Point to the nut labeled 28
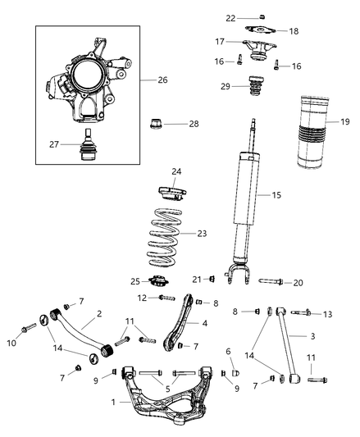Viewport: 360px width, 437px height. [x=156, y=125]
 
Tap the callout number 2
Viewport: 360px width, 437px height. [x=98, y=314]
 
